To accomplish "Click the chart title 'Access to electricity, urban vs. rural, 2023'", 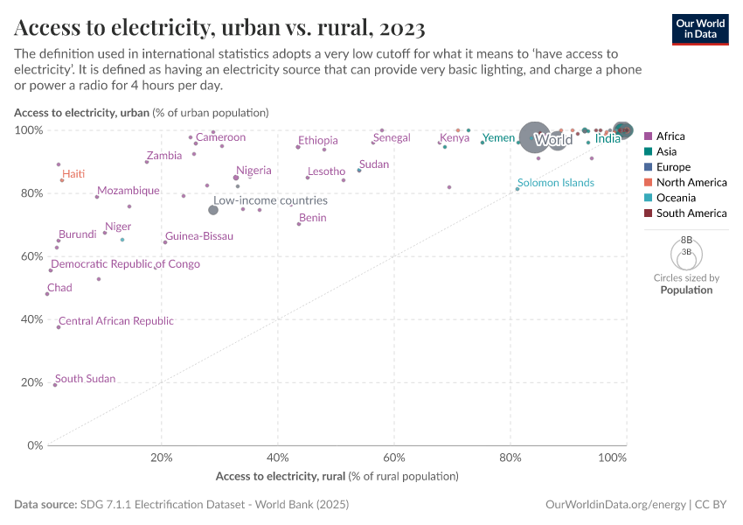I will pyautogui.click(x=219, y=29).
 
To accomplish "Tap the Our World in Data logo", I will pyautogui.click(x=700, y=29).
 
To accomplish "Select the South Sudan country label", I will pyautogui.click(x=85, y=380).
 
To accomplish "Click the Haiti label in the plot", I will pyautogui.click(x=73, y=174).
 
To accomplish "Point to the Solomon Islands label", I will pyautogui.click(x=556, y=183).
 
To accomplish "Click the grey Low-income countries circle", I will pyautogui.click(x=213, y=210).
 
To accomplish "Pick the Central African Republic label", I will pyautogui.click(x=115, y=321).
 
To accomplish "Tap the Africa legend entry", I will pyautogui.click(x=670, y=136).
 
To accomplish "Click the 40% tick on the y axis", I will pyautogui.click(x=32, y=319).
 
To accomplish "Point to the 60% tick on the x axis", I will pyautogui.click(x=394, y=458).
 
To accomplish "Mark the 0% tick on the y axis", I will pyautogui.click(x=35, y=445).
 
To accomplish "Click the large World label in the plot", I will pyautogui.click(x=553, y=140).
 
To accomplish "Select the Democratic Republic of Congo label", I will pyautogui.click(x=125, y=264).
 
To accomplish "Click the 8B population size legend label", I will pyautogui.click(x=686, y=239).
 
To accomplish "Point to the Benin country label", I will pyautogui.click(x=312, y=218).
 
